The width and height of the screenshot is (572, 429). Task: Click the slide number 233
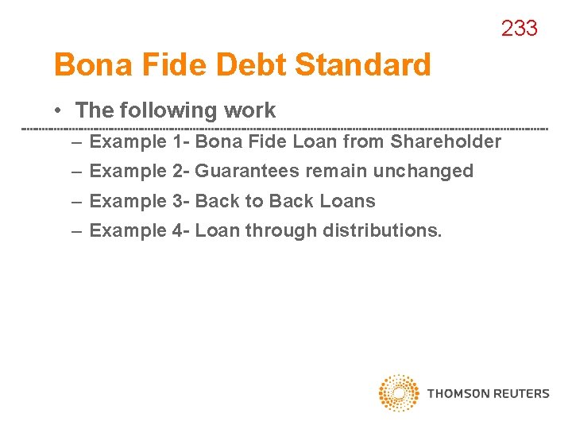click(x=519, y=29)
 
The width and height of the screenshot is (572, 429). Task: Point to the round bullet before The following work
click(x=60, y=111)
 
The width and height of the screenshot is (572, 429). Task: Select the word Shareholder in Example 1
click(x=446, y=142)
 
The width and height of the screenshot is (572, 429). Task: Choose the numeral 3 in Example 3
click(x=177, y=202)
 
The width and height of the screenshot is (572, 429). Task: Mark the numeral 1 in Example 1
click(x=177, y=142)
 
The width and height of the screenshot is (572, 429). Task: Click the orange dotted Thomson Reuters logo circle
click(x=399, y=392)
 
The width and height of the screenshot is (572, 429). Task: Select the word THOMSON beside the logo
click(x=458, y=393)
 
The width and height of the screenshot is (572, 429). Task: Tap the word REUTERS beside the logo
click(x=521, y=393)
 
